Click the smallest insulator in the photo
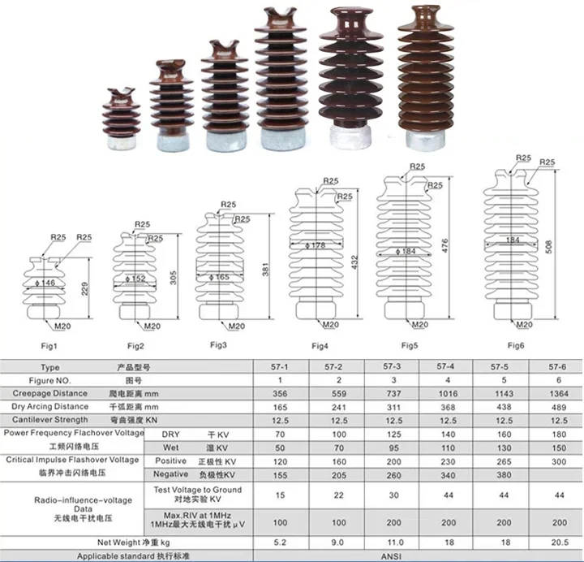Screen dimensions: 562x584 pyautogui.click(x=122, y=122)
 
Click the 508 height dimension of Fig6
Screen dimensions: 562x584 pyautogui.click(x=556, y=244)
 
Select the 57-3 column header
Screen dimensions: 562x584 pyautogui.click(x=395, y=367)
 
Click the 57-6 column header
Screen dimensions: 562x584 pyautogui.click(x=559, y=367)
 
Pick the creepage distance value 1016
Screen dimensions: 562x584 pyautogui.click(x=444, y=393)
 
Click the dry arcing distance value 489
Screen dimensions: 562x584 pyautogui.click(x=559, y=406)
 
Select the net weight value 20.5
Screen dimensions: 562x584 pyautogui.click(x=559, y=540)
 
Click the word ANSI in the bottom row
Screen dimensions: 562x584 pyautogui.click(x=421, y=556)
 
